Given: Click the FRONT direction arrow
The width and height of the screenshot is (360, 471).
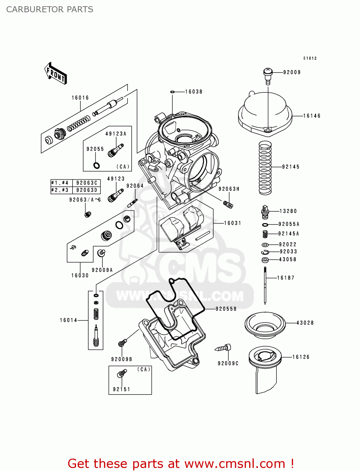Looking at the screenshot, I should point(56,73).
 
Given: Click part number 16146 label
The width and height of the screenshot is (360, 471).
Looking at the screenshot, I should point(312,116).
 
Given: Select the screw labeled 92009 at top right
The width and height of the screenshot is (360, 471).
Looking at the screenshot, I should point(267,76).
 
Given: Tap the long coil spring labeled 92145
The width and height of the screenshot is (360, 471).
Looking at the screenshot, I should point(265,168).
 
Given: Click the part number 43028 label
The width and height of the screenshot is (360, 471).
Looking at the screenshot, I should point(305,323).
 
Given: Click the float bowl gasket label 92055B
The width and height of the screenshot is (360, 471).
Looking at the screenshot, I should point(226,309).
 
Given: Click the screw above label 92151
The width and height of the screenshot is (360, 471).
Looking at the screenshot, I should point(122,373).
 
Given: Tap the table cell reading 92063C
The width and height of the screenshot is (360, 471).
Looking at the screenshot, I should point(87,183).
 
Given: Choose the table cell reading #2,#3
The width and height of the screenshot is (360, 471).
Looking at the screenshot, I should point(61,190).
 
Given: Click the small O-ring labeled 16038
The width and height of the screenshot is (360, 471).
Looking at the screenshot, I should point(172,92).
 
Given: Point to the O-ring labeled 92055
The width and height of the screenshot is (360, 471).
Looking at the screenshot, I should point(97,165).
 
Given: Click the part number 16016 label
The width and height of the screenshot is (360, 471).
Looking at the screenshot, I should point(80,98).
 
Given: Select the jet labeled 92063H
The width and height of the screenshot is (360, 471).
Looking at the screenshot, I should point(228,204).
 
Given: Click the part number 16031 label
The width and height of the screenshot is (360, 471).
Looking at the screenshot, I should point(232,223).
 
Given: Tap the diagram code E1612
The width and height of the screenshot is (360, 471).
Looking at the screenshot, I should point(310,58).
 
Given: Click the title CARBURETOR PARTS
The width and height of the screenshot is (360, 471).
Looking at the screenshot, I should point(50,9).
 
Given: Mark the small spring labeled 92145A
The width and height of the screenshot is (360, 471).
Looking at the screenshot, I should point(265,234).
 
